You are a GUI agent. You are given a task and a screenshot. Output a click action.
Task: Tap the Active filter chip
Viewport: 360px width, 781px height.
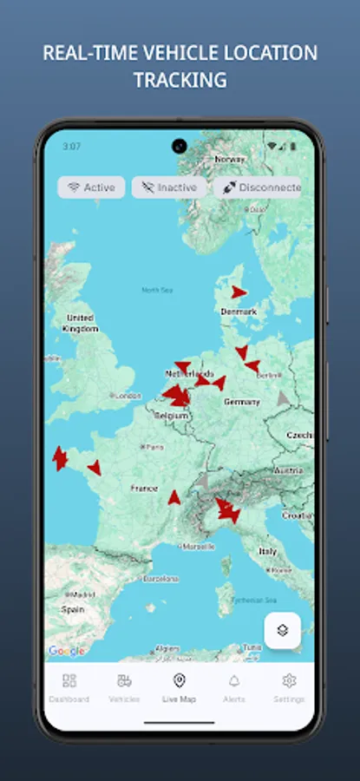91,187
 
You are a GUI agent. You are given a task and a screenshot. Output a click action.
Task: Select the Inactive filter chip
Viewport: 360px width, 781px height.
168,187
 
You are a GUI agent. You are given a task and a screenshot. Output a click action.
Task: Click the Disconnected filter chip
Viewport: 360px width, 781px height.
259,187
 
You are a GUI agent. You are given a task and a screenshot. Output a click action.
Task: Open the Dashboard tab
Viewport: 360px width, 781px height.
69,686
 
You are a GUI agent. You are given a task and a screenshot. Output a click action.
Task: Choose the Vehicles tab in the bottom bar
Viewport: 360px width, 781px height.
124,686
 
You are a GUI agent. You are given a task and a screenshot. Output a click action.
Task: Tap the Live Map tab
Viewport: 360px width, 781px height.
180,686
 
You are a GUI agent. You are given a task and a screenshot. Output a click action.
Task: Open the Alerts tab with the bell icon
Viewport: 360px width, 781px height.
234,686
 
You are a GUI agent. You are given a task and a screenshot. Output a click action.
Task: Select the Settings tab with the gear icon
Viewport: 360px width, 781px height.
289,686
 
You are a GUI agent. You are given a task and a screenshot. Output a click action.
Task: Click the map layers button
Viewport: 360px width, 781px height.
282,631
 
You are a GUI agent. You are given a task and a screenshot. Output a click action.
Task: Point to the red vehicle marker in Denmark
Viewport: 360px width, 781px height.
239,292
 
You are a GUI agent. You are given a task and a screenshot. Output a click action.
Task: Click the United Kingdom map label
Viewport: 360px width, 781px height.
80,323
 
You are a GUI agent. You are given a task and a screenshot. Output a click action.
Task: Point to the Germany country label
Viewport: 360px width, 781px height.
242,402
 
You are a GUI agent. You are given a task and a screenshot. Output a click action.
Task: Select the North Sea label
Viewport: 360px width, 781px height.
157,290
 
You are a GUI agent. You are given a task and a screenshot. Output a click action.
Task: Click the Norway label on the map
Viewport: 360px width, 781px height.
229,159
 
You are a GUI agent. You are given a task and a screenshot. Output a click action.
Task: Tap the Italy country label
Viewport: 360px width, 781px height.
268,551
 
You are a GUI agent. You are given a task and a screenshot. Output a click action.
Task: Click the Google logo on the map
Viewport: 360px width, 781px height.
66,651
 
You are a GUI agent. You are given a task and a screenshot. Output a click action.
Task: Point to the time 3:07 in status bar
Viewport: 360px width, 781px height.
71,147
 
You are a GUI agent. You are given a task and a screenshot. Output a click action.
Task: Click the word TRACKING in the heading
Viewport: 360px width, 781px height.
180,80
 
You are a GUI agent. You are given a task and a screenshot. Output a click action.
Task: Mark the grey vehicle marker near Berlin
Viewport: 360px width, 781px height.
283,398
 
